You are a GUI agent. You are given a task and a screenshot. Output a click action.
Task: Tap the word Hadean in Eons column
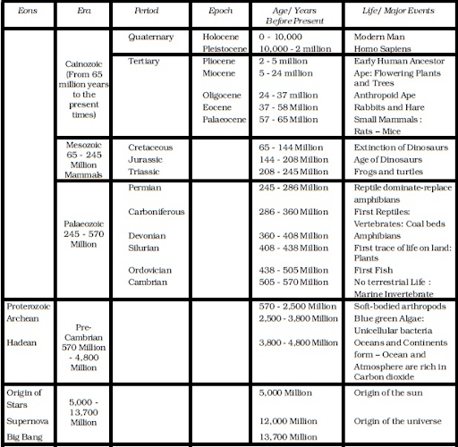pos(21,342)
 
